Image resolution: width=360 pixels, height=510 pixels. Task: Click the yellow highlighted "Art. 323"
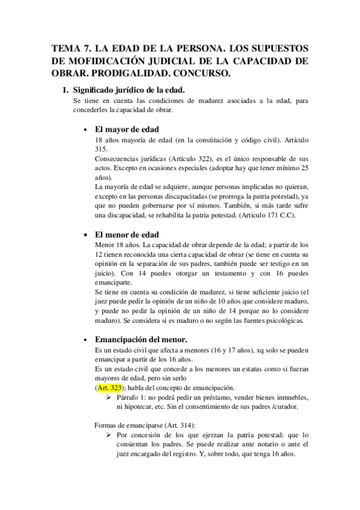coord(110,389)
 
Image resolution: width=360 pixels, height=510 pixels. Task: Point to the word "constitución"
coord(205,140)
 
